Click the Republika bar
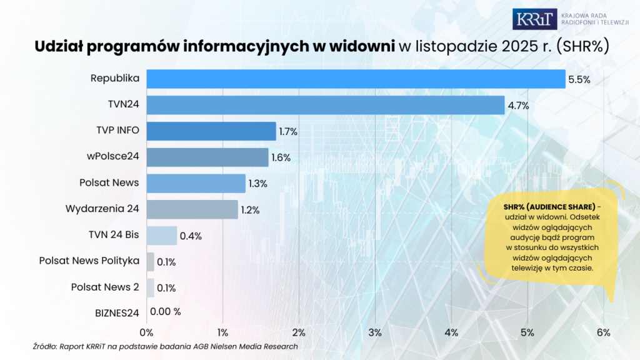pyautogui.click(x=356, y=79)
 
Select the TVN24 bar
pyautogui.click(x=325, y=105)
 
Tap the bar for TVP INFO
pyautogui.click(x=211, y=131)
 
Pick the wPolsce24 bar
pyautogui.click(x=207, y=157)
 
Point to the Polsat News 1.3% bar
pyautogui.click(x=196, y=184)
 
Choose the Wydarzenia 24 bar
pyautogui.click(x=192, y=209)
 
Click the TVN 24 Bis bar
pyautogui.click(x=162, y=236)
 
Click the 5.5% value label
pyautogui.click(x=579, y=79)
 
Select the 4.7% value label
pyautogui.click(x=518, y=106)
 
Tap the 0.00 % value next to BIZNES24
pyautogui.click(x=165, y=312)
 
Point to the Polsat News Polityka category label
pyautogui.click(x=89, y=261)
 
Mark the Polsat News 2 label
pyautogui.click(x=105, y=287)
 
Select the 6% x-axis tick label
pyautogui.click(x=603, y=332)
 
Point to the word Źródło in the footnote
pyautogui.click(x=44, y=346)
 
